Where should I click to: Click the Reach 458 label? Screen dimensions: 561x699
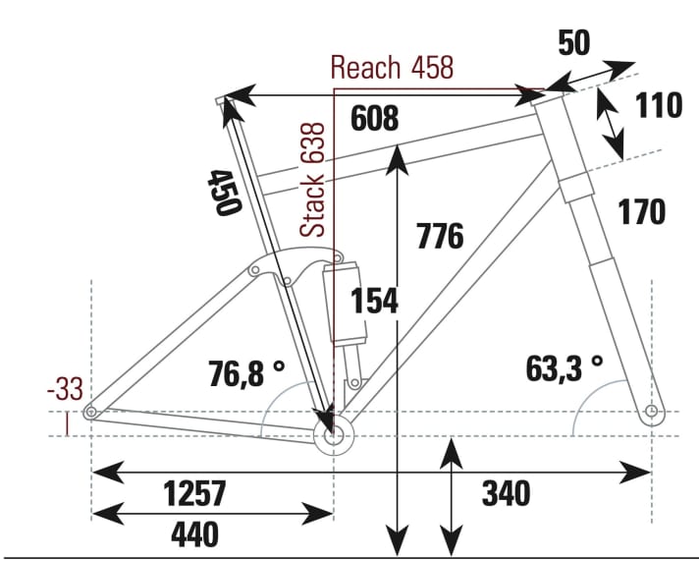392,68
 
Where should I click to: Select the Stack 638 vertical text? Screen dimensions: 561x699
312,180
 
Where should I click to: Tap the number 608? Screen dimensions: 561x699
374,119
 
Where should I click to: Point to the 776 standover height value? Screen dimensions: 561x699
439,237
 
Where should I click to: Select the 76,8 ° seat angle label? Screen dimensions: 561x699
246,372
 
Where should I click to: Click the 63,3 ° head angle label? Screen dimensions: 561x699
565,368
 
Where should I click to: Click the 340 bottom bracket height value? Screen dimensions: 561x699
506,492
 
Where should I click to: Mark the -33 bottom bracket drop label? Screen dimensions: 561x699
64,390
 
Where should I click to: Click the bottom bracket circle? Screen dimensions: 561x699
334,436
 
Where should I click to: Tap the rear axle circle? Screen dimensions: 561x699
90,413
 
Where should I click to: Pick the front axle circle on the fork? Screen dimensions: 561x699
652,412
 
